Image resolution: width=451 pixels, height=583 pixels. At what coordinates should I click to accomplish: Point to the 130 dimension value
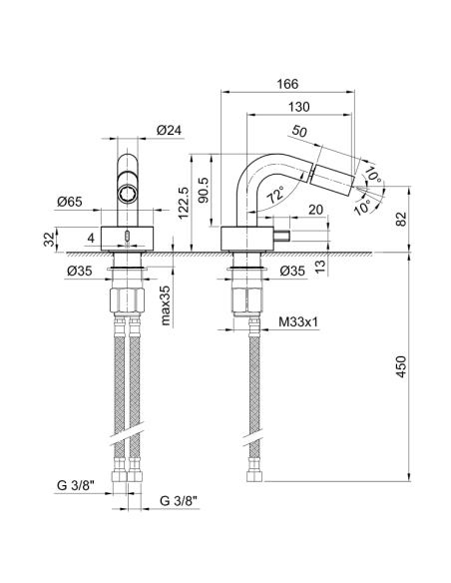point(296,108)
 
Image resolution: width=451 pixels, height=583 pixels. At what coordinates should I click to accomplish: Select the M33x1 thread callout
point(299,322)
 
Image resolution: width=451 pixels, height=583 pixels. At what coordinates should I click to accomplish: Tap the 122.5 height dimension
point(179,200)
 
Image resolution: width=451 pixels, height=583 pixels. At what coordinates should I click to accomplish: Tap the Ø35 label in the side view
point(292,271)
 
